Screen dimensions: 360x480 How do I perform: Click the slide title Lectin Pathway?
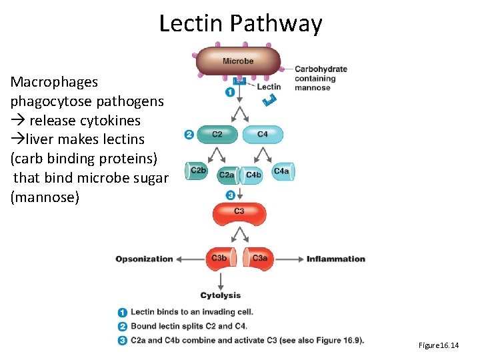240,23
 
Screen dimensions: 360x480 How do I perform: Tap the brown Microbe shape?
239,61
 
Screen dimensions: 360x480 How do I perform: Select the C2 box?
217,135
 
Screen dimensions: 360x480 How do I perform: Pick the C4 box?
263,135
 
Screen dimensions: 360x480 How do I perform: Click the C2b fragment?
198,171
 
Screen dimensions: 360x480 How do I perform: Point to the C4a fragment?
282,171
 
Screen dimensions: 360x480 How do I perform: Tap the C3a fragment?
259,259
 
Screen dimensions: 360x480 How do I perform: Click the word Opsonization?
144,259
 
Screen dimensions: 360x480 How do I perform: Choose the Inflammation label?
336,259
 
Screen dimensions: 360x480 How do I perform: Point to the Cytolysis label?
220,295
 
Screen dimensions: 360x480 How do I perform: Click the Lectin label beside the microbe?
269,87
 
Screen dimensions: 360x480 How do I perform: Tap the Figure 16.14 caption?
439,345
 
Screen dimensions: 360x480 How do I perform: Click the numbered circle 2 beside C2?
189,135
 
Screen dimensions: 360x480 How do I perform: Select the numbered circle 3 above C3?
230,195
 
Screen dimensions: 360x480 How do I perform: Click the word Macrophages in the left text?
54,82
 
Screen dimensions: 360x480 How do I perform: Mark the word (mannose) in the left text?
45,197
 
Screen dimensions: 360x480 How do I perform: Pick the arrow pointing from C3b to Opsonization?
191,259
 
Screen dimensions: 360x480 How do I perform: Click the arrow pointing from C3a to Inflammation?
287,259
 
